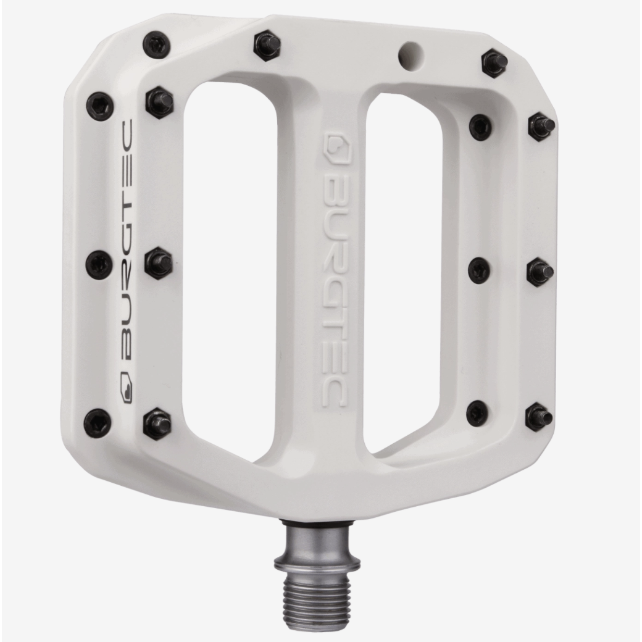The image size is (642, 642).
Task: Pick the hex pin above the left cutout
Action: (267, 45)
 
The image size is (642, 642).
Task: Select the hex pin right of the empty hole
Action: (494, 62)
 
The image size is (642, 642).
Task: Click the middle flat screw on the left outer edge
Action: (98, 264)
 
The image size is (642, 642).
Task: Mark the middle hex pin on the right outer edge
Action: (540, 272)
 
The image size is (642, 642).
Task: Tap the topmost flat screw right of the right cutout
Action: (480, 127)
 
